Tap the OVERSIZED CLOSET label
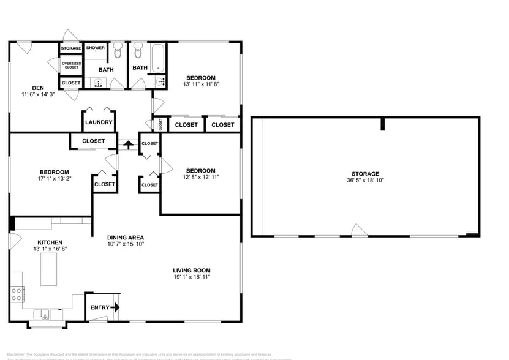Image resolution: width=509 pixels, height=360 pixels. coord(70,65)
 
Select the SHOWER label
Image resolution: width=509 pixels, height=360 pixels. coord(95,48)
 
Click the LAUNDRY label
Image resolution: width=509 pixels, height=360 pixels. coord(99,122)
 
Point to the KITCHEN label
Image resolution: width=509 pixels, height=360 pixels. coord(51,242)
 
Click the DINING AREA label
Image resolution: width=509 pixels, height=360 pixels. coord(126,237)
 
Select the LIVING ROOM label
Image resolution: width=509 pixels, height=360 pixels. coord(192,270)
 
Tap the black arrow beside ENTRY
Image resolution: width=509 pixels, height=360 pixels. coord(116,307)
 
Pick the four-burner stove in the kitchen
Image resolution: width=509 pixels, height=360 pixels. coord(17,294)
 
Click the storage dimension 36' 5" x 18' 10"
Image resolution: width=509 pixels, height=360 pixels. coord(365,181)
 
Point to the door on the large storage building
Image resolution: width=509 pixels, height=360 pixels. coord(359,231)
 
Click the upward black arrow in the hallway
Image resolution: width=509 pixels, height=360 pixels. coord(128,144)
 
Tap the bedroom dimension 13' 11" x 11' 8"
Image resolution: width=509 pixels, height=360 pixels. coord(201,84)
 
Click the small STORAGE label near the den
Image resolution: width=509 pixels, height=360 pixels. coord(70,48)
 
